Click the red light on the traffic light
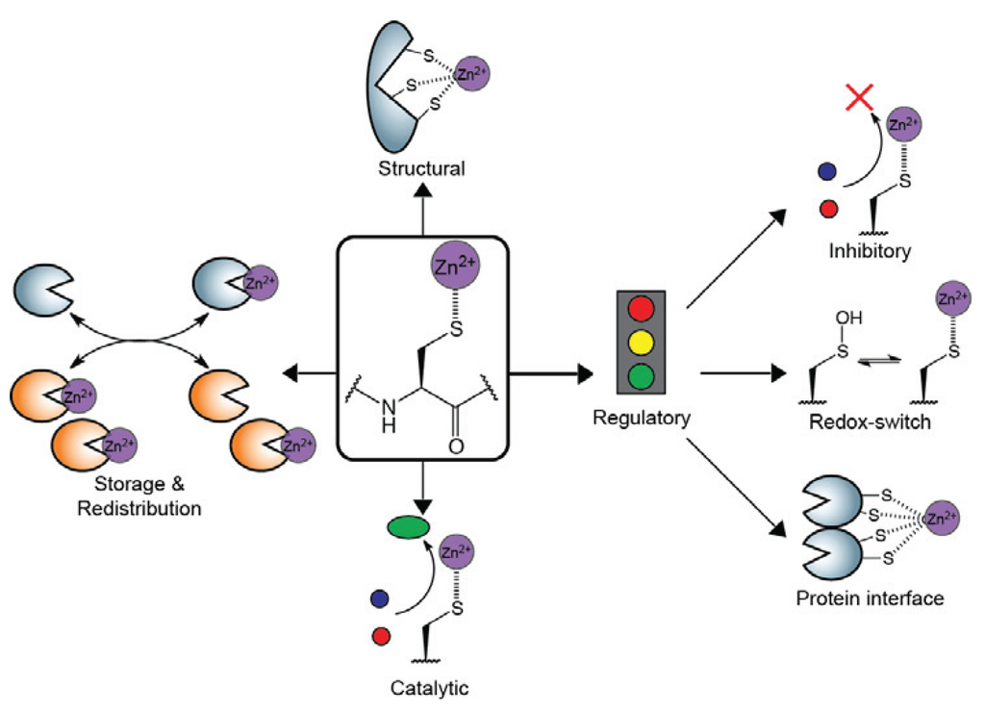coord(642,311)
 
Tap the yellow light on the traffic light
coord(642,343)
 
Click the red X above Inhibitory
coord(859,98)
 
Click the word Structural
coord(421,169)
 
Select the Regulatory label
coord(643,419)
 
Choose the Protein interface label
coord(870,598)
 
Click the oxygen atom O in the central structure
coord(455,446)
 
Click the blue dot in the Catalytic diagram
coord(379,599)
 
